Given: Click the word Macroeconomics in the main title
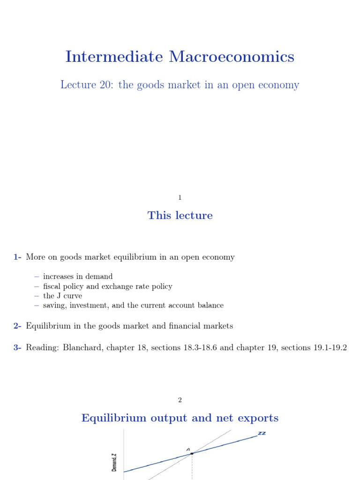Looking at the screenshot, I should pos(231,57).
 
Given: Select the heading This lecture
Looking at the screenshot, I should pos(180,216).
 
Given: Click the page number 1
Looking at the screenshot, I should pos(180,198).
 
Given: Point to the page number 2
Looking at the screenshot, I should pos(180,400).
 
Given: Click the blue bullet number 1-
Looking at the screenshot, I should pos(17,257).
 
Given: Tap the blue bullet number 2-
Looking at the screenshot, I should pos(17,326).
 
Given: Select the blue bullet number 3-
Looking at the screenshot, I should pos(17,348).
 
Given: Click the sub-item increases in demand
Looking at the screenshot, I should pos(78,277).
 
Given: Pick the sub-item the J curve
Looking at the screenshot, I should pos(62,296).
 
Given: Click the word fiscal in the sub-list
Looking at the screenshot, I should pos(52,286).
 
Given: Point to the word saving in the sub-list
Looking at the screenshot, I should pos(53,306).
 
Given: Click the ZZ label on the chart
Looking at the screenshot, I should pos(262,434).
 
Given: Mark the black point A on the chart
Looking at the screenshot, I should pos(192,453).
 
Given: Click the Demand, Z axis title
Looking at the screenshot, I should pos(115,462).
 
